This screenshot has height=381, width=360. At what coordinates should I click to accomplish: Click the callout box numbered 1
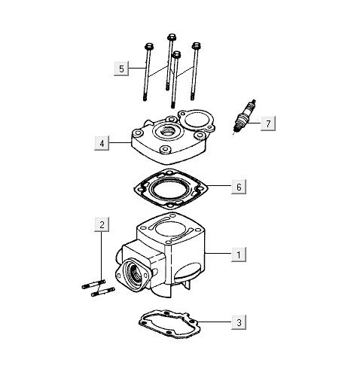239,255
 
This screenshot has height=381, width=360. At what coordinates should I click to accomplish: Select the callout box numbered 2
102,224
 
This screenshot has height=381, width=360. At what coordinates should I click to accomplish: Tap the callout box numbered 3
239,322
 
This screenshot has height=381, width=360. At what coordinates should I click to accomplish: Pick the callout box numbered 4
102,143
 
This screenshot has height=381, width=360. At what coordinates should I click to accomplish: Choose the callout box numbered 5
121,69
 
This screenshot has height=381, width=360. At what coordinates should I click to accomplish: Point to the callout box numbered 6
239,187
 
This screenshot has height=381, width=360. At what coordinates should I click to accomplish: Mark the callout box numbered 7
268,123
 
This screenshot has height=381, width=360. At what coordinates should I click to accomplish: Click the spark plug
244,117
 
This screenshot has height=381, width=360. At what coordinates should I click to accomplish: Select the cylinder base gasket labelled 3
170,324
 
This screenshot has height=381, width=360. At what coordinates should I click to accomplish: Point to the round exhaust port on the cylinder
133,273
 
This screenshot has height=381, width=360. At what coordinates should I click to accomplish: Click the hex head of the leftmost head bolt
149,47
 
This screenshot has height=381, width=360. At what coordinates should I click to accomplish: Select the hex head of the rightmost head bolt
197,46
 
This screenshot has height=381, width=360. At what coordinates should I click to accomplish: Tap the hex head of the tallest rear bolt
172,37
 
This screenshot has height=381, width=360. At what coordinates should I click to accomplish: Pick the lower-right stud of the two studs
103,291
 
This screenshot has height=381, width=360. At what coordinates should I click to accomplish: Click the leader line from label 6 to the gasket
219,186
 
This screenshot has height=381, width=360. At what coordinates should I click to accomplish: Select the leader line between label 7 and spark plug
252,123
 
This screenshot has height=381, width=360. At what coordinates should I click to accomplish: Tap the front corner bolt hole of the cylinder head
165,150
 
